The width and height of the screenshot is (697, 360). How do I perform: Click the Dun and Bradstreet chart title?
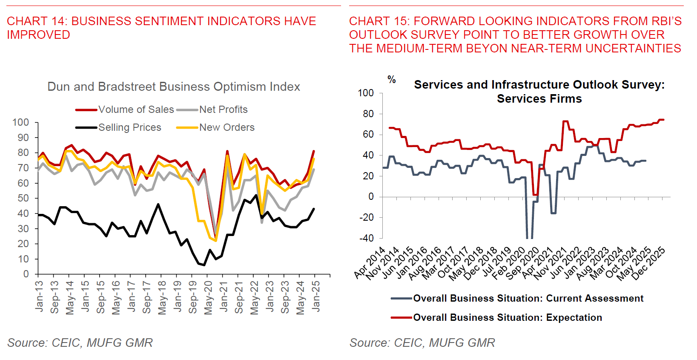click(173, 86)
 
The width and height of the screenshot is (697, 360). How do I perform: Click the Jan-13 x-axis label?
click(39, 296)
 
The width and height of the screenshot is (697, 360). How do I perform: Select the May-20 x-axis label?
click(208, 297)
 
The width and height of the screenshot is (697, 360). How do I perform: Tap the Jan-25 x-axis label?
click(316, 296)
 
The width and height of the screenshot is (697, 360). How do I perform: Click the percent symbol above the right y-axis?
click(392, 79)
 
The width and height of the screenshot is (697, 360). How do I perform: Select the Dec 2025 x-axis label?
click(648, 264)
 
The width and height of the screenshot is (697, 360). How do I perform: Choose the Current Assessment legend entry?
click(528, 298)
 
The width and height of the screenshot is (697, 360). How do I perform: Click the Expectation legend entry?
click(507, 317)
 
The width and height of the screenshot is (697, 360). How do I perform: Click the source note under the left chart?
click(80, 343)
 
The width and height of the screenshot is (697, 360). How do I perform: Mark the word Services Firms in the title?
click(539, 99)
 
